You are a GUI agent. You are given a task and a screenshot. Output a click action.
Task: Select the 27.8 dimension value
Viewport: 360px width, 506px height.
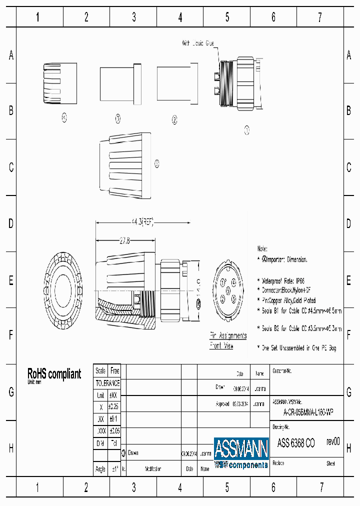[124, 240]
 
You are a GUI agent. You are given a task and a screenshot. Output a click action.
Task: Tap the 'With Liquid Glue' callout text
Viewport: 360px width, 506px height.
[197, 44]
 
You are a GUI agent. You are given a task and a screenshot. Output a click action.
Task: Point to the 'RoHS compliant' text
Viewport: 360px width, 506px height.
[54, 374]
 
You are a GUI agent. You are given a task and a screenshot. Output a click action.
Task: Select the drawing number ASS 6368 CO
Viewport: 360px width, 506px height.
[296, 442]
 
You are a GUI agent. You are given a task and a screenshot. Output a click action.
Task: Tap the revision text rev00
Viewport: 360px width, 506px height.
[333, 441]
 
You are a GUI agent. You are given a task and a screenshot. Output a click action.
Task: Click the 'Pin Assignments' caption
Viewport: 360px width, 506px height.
[227, 335]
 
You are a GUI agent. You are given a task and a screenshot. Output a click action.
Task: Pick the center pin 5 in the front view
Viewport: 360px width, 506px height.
[228, 290]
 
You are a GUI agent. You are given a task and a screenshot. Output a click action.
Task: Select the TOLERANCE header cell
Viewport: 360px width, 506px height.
[107, 383]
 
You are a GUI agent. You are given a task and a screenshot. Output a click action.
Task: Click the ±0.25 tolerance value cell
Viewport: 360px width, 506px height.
[114, 406]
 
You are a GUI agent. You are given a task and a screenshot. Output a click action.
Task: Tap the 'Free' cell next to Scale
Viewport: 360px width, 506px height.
[114, 371]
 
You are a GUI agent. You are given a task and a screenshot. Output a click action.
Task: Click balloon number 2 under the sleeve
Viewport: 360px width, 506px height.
[174, 119]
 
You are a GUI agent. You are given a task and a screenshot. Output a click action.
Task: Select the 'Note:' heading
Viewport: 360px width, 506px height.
[262, 248]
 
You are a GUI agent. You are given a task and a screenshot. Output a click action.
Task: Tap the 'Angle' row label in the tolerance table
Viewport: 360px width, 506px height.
[100, 469]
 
